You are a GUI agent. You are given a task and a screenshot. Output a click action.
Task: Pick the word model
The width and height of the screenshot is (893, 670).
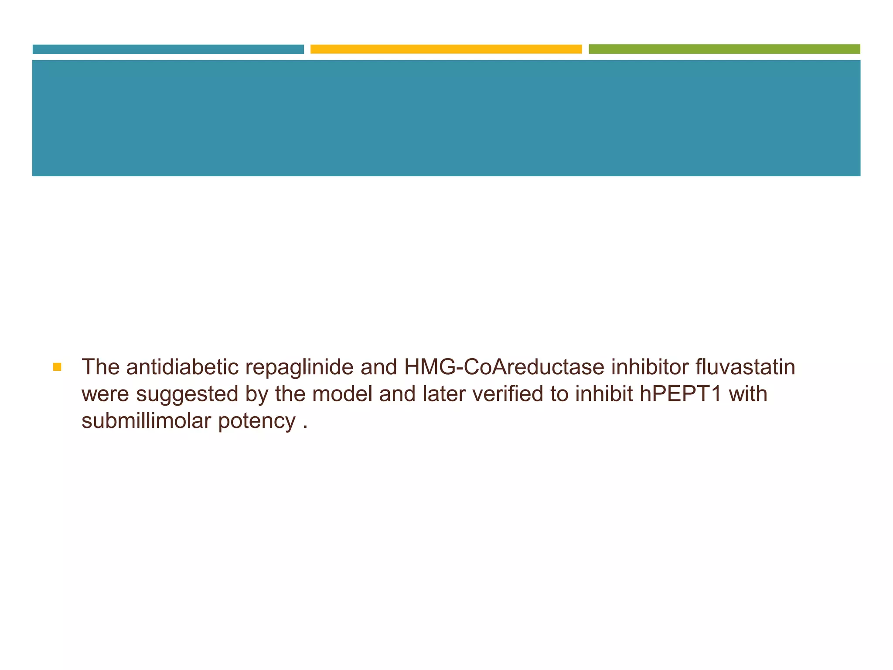coord(342,394)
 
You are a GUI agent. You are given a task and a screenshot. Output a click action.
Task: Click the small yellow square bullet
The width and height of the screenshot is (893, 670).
coord(57,367)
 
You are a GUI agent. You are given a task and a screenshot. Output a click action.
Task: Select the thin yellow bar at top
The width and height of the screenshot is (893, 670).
coord(446,49)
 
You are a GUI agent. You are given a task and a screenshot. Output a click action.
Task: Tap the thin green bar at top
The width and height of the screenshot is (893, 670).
coord(724,49)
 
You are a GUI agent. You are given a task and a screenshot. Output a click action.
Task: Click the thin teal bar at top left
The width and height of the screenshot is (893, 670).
coord(168,49)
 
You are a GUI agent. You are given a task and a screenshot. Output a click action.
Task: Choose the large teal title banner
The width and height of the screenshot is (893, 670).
coord(446,118)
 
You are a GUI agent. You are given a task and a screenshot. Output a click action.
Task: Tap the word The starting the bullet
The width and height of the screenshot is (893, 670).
coord(101,367)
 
